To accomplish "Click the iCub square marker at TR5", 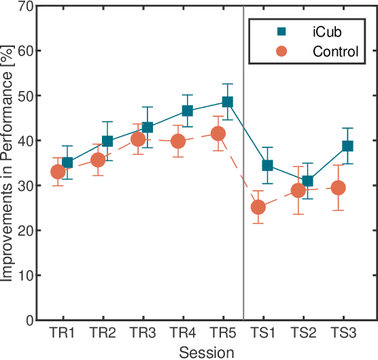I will point(228,102).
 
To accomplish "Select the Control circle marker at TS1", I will point(258,207).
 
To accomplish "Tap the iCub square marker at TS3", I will point(347,146).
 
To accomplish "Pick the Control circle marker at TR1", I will point(58,172).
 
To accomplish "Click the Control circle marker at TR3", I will point(138,139).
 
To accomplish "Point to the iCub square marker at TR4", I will point(188,111).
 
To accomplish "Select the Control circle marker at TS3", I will point(338,187).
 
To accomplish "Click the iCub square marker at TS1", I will point(268,166).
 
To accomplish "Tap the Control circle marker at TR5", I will point(218,134).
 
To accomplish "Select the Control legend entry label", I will point(334,51).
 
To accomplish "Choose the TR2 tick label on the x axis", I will point(102,334).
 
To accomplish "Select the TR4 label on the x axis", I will point(182,334).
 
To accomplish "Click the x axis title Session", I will point(207,352).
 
